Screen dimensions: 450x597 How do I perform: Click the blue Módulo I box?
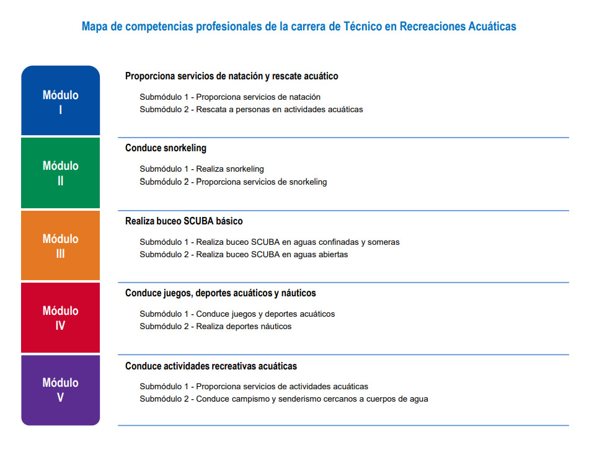60,100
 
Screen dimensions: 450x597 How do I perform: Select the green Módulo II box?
60,173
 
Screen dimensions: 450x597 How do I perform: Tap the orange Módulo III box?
60,245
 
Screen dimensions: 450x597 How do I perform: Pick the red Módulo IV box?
60,317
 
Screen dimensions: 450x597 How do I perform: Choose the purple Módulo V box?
60,390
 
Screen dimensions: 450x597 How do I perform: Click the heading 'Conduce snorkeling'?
166,148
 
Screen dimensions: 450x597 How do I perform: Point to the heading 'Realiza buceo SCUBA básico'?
184,221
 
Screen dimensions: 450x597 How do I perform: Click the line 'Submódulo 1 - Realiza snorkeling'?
201,169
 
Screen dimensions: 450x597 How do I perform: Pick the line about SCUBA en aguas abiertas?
244,255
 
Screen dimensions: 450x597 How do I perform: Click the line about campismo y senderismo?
283,399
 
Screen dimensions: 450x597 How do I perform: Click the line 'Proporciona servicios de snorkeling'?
233,182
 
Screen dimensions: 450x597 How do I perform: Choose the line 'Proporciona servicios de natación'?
230,97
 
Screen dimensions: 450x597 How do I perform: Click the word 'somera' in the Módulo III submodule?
383,242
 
